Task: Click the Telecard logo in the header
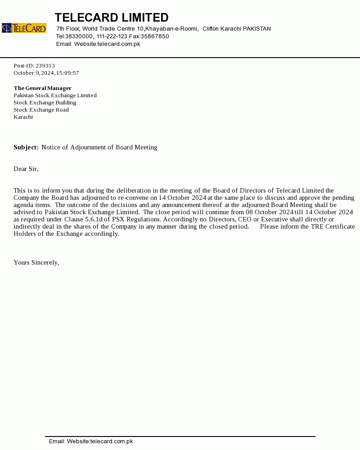click(x=24, y=28)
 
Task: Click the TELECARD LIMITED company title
click(x=112, y=18)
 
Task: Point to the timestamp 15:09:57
click(x=67, y=73)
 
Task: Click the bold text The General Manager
click(x=43, y=88)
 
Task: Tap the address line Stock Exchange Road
click(x=41, y=110)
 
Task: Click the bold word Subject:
click(x=26, y=147)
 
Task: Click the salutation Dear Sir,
click(x=26, y=169)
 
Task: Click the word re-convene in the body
click(x=133, y=198)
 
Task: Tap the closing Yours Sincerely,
click(x=36, y=262)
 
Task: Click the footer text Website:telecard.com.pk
click(x=100, y=441)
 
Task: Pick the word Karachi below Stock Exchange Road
click(x=23, y=117)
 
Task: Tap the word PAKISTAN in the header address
click(x=256, y=29)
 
